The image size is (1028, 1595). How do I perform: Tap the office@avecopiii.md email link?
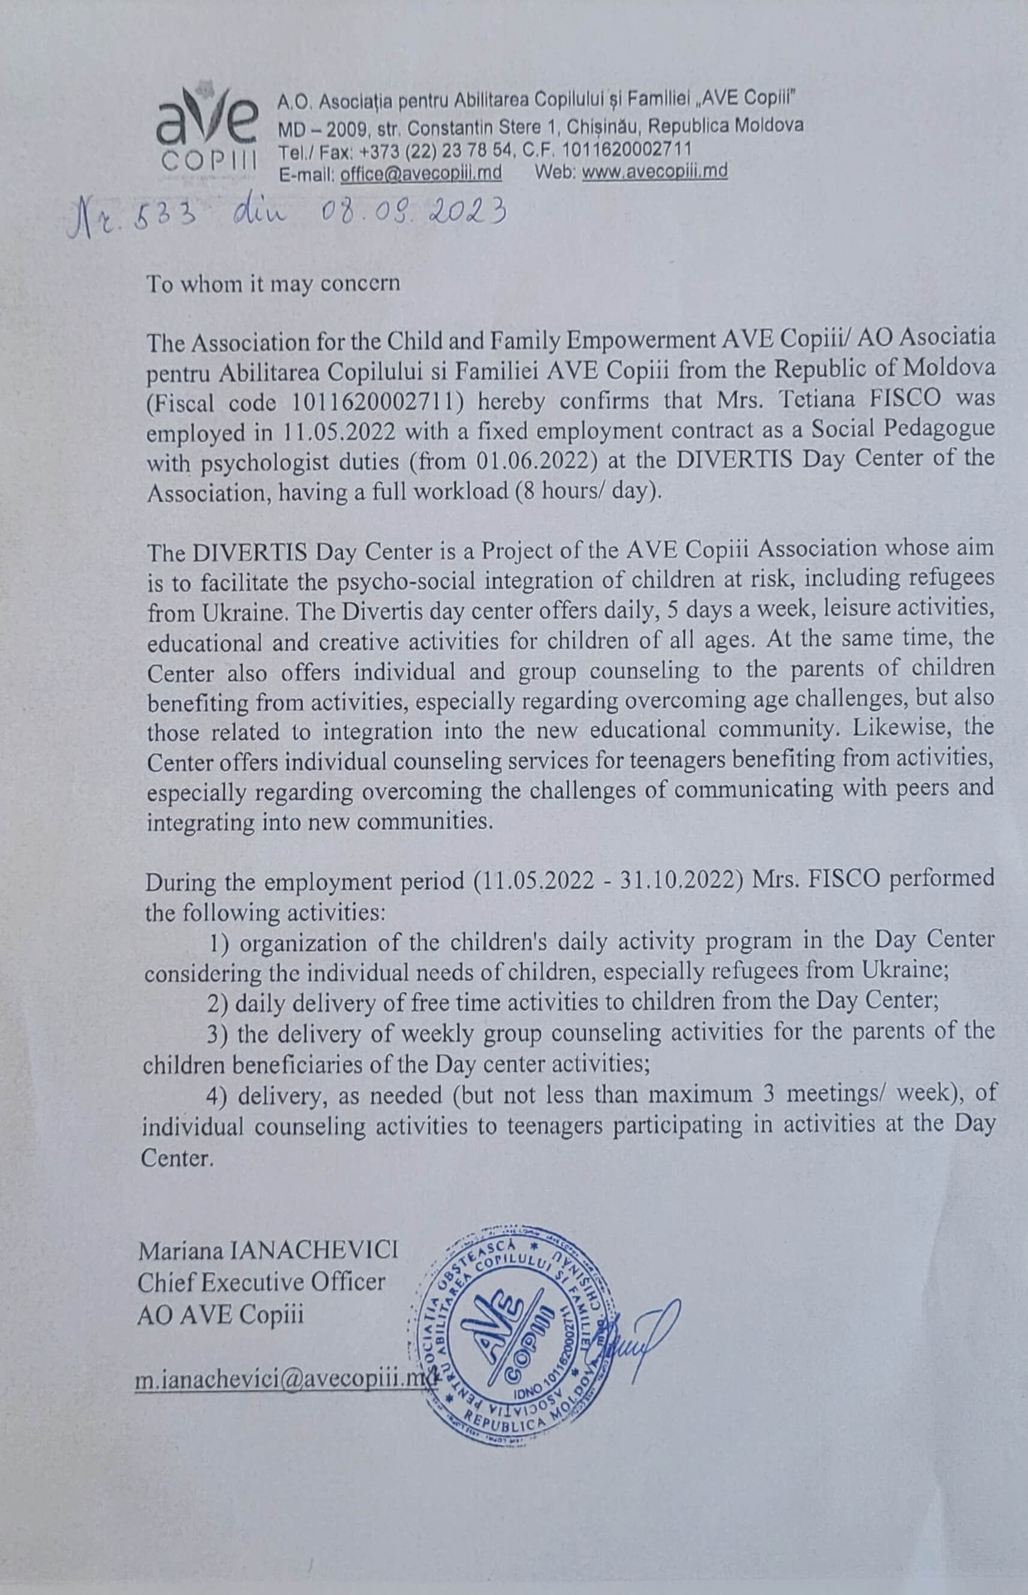pyautogui.click(x=421, y=172)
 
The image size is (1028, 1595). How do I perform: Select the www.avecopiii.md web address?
pyautogui.click(x=655, y=172)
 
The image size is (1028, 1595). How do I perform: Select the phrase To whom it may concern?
pyautogui.click(x=273, y=284)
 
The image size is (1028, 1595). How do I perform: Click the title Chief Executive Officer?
pyautogui.click(x=262, y=1281)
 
